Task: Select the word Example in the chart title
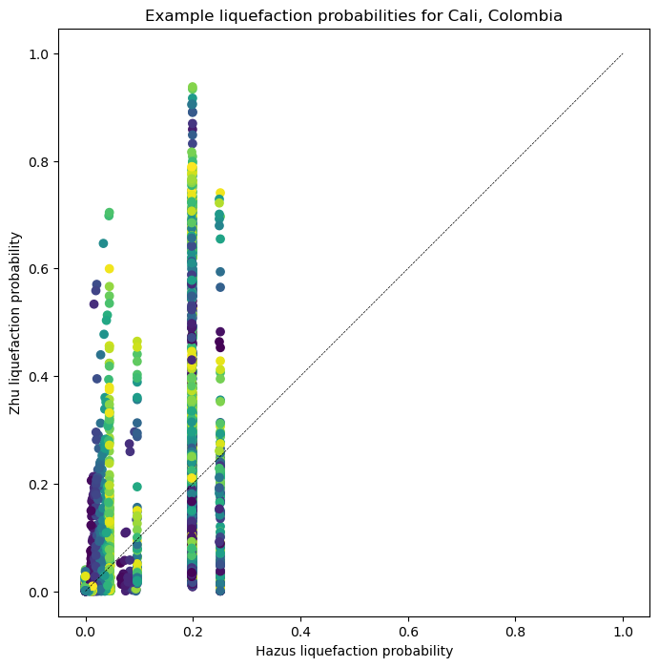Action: tap(176, 15)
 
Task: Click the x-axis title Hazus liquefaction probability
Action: tap(354, 651)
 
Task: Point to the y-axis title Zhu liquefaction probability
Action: tap(15, 323)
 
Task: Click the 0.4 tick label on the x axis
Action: tap(300, 631)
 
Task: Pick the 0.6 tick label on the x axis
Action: tap(408, 631)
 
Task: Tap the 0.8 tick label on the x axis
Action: tap(516, 631)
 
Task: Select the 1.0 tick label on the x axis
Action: tap(623, 631)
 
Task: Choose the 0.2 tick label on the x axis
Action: tap(193, 631)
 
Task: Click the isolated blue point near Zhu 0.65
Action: tap(103, 243)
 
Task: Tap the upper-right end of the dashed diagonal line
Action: tap(623, 54)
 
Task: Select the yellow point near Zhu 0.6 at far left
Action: tap(109, 269)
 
